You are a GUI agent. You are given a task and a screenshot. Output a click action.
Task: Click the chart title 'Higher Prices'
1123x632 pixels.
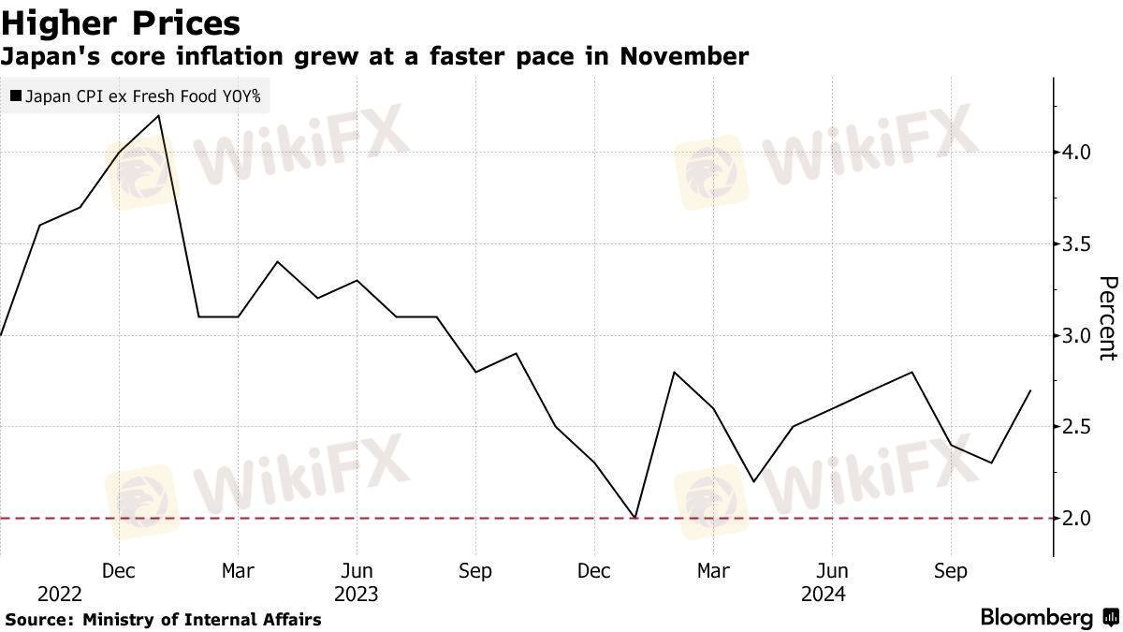(121, 22)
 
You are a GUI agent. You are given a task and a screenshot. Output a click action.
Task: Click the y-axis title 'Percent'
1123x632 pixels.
(1107, 318)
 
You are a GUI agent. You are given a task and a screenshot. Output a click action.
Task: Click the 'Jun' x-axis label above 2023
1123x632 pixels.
(357, 570)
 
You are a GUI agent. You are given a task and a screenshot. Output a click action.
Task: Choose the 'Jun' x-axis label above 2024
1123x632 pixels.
(832, 570)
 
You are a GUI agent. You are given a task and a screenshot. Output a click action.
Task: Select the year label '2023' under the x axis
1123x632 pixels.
(357, 595)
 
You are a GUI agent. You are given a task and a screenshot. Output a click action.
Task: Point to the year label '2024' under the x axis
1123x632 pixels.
(823, 595)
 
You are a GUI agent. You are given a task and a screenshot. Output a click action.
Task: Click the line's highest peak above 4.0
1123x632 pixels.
(159, 115)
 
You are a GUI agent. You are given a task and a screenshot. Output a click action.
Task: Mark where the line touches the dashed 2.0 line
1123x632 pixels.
(634, 518)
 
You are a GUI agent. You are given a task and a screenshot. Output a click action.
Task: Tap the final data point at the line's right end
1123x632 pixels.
(1030, 390)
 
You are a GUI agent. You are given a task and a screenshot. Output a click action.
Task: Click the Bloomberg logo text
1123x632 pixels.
(1037, 618)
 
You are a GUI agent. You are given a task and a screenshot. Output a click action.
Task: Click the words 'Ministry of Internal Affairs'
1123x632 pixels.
(202, 619)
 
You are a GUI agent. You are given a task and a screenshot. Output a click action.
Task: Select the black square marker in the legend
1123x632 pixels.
(15, 96)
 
